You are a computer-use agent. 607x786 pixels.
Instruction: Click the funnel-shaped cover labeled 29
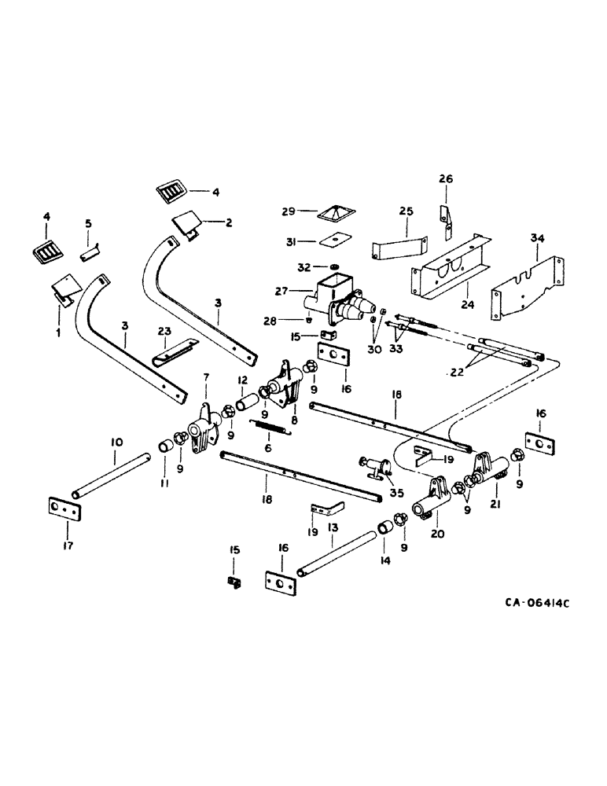(334, 214)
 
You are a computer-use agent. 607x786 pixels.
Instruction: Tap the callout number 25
(406, 212)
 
